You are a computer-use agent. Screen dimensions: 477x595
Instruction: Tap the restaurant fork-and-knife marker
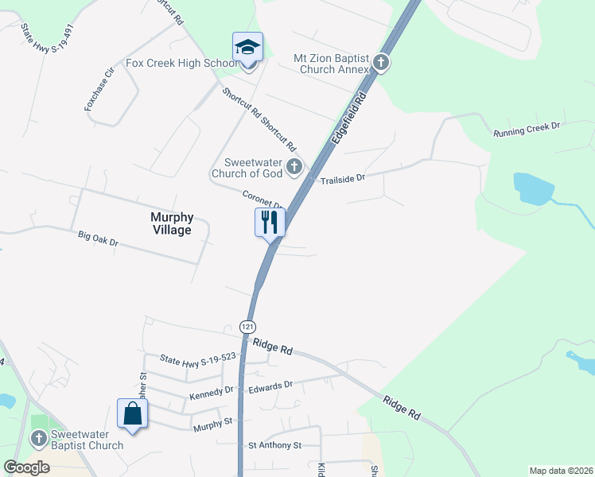tap(270, 222)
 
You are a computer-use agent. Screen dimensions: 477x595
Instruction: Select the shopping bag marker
tap(132, 413)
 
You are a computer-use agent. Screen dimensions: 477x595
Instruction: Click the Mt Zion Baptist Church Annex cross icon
tap(381, 63)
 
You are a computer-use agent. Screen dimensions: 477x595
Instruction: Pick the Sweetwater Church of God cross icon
tap(294, 167)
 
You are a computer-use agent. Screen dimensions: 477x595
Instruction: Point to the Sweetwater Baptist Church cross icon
tap(38, 439)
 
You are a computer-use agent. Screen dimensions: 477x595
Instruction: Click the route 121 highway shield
tap(248, 327)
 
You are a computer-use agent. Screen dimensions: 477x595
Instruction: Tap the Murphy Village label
tap(171, 223)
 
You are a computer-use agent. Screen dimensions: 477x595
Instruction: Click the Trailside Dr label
tap(342, 180)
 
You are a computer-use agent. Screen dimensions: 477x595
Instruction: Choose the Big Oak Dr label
tap(98, 238)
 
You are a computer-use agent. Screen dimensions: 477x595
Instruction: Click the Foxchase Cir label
tap(100, 88)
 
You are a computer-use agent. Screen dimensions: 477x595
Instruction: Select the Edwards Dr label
tap(270, 386)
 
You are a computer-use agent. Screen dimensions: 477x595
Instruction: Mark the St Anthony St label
tap(274, 445)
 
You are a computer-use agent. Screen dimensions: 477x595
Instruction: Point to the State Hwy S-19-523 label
tap(198, 359)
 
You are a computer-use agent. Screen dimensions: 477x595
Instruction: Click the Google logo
tap(27, 467)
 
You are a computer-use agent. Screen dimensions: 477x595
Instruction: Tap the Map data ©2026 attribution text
tap(561, 471)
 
